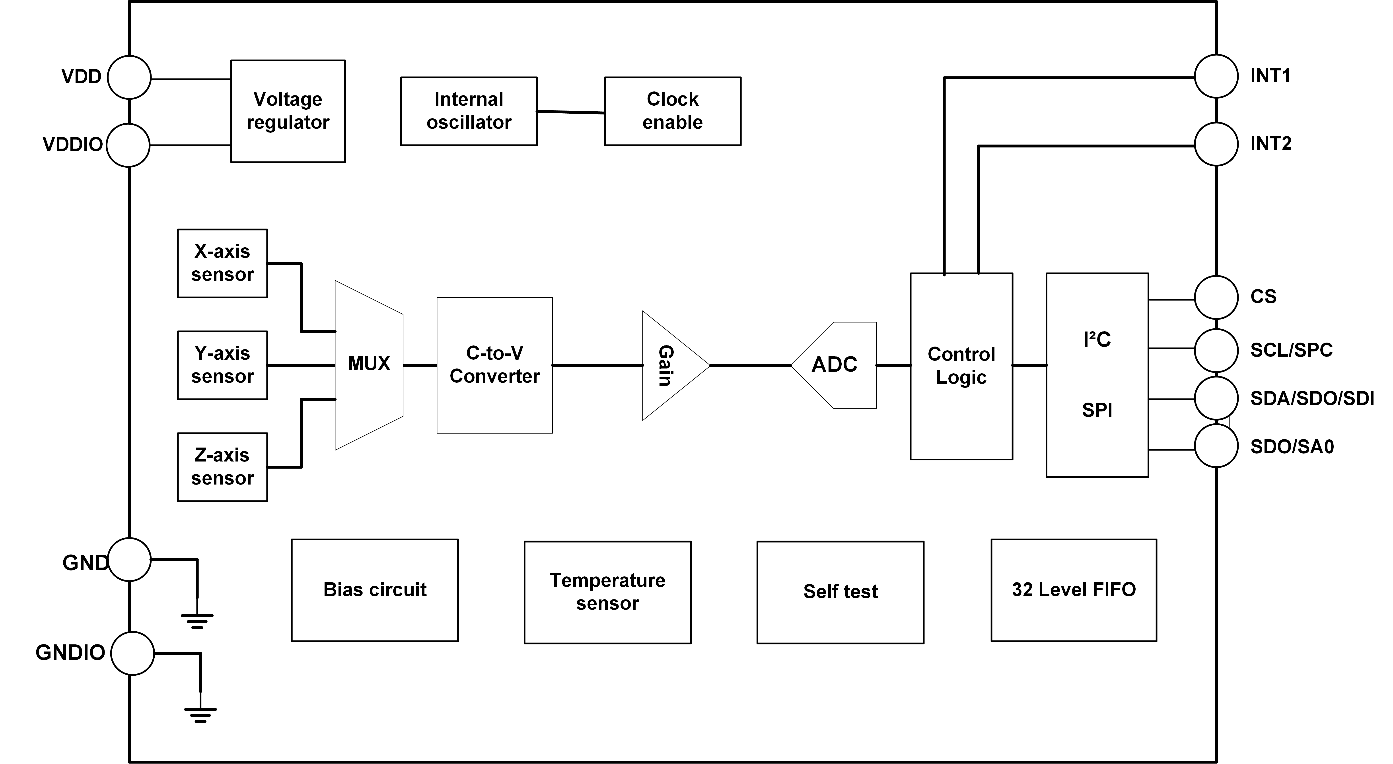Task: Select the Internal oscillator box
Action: (469, 111)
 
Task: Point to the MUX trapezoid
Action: (369, 365)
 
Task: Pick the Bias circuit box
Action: (375, 590)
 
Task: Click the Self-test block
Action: (840, 591)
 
